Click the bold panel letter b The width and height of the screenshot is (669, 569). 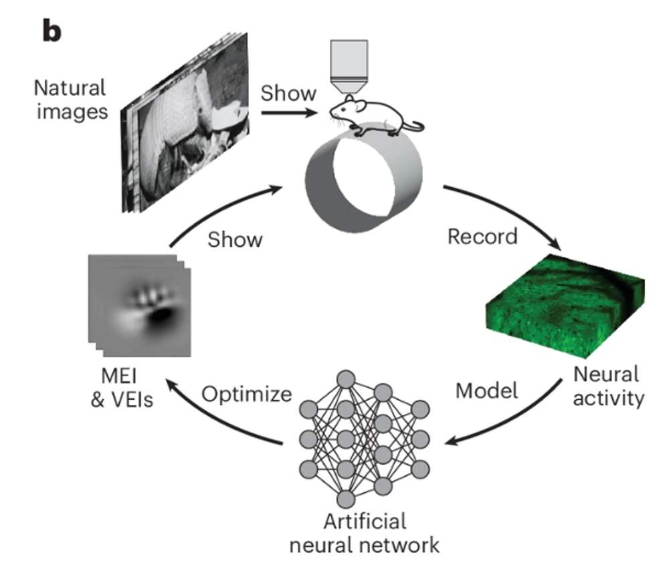point(52,31)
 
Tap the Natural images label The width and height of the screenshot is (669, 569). point(70,98)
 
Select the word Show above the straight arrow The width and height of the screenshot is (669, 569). point(288,93)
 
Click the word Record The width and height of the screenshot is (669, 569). point(482,236)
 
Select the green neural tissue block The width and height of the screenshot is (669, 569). point(563,304)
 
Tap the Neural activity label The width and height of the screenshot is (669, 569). point(606,385)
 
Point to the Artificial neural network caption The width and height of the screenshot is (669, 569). point(364,532)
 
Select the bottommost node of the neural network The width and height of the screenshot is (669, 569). point(346,499)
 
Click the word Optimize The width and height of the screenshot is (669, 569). point(247,394)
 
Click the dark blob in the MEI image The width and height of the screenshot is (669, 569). point(161,318)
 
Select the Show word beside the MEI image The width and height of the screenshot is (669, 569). point(235,239)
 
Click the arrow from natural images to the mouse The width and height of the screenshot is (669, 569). point(288,112)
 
